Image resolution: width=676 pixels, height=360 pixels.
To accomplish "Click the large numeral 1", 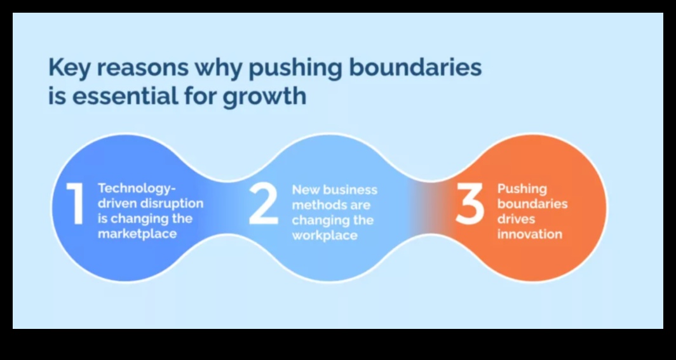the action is click(x=75, y=204).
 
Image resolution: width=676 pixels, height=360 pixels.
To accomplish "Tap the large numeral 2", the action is click(x=264, y=204).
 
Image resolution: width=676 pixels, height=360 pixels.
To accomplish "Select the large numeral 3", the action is click(x=470, y=204).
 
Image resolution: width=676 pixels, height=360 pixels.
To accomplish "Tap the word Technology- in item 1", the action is click(x=137, y=189).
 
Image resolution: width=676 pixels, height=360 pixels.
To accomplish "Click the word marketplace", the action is click(x=137, y=234).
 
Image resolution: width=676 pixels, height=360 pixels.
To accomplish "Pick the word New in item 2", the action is click(x=306, y=189).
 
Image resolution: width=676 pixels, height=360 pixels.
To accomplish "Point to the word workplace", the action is click(x=325, y=236).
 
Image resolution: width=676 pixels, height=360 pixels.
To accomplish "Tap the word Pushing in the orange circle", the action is click(x=522, y=189).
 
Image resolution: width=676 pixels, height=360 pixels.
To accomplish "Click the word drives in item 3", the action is click(x=516, y=219).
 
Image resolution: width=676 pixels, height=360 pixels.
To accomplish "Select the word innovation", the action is click(x=530, y=234).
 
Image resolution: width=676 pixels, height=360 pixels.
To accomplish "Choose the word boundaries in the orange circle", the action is click(x=532, y=204).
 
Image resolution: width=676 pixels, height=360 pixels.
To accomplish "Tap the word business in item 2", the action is click(x=349, y=189).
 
